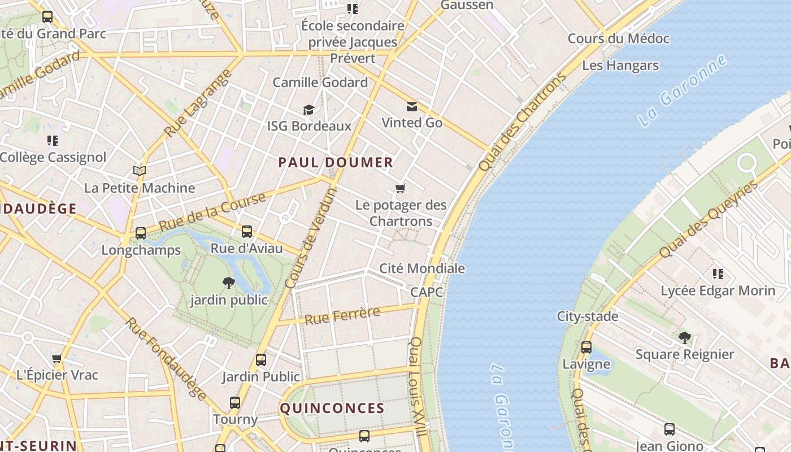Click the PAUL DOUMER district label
(x=336, y=163)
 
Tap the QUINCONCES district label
(x=332, y=408)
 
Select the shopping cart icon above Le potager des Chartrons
(x=401, y=188)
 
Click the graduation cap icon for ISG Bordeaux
(x=308, y=110)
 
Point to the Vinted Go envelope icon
(x=411, y=106)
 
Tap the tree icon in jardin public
(x=229, y=282)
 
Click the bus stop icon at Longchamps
(x=140, y=233)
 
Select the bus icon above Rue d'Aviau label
(x=247, y=231)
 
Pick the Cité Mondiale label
(x=422, y=268)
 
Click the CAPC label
(x=427, y=292)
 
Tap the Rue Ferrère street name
(x=342, y=315)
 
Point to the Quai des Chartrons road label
(x=521, y=121)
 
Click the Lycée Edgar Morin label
(x=718, y=291)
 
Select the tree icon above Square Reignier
(x=684, y=338)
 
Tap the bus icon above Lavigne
(x=586, y=347)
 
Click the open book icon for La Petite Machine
(x=139, y=171)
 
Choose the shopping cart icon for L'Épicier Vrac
(x=56, y=358)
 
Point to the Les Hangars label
(x=620, y=66)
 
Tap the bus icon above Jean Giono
(x=669, y=429)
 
